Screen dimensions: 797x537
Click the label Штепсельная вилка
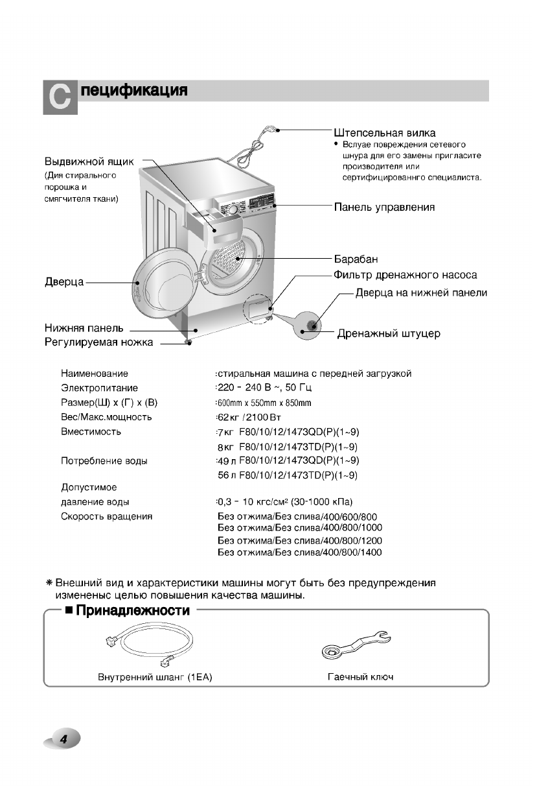tap(384, 133)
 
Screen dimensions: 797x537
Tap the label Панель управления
tap(384, 208)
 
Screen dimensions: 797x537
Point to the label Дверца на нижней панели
tap(421, 293)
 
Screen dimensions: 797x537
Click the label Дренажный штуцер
tap(389, 334)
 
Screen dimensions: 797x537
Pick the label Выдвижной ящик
tap(89, 161)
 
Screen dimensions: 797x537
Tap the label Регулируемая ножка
tap(98, 342)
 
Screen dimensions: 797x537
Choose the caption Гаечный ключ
tap(360, 677)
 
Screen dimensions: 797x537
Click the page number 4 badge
tap(63, 739)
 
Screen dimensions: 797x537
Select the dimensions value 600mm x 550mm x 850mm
tap(264, 403)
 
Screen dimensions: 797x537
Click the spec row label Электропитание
tap(99, 388)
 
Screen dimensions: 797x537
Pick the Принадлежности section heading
tap(133, 611)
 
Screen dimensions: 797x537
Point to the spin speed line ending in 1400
tap(300, 553)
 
